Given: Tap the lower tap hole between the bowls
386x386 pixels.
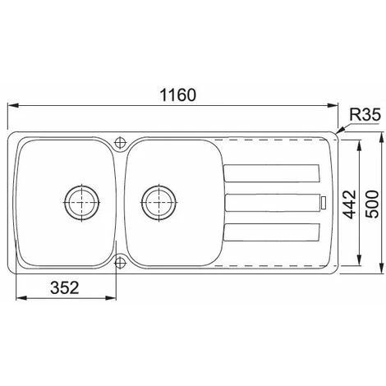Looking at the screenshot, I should [x=121, y=262].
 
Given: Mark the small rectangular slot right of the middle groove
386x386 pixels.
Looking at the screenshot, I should [x=324, y=202].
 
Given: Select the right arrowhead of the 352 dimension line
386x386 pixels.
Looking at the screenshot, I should [x=117, y=297].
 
